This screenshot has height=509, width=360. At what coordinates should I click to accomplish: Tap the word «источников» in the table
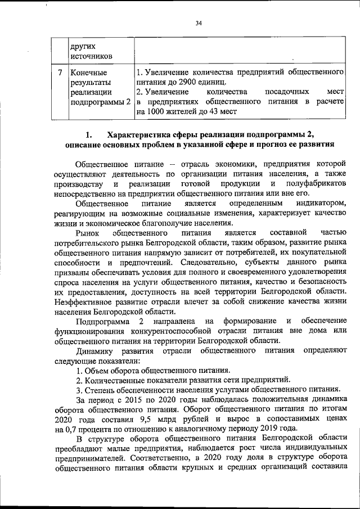(x=91, y=56)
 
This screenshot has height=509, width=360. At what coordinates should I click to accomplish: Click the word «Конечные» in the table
(x=88, y=73)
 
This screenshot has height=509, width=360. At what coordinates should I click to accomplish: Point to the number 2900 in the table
(x=197, y=82)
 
